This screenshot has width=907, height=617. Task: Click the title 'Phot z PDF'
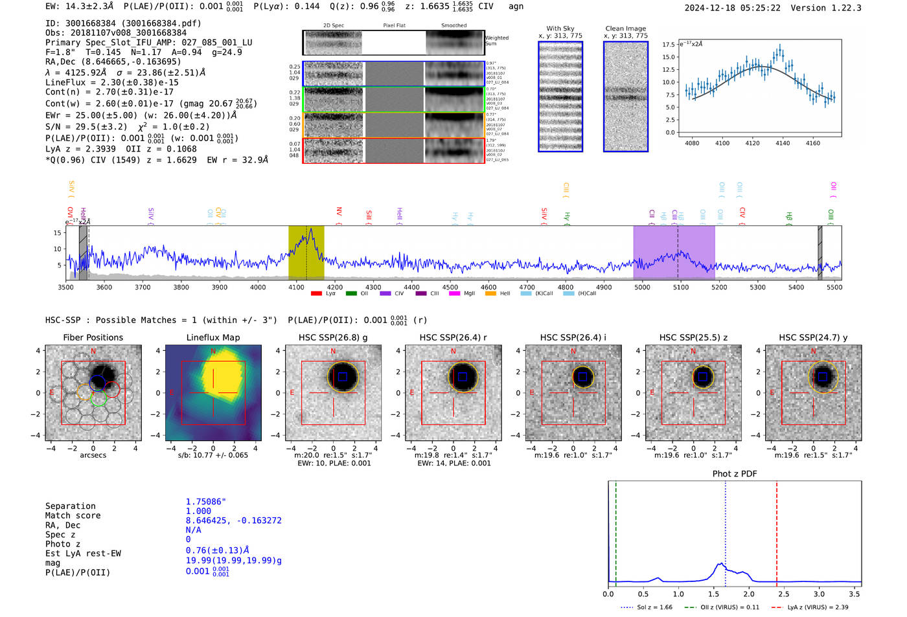point(734,474)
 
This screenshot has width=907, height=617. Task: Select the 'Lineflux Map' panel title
point(212,337)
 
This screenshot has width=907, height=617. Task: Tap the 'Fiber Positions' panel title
point(93,337)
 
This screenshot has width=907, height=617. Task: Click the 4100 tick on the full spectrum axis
point(296,287)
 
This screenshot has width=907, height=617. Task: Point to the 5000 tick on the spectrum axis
point(642,287)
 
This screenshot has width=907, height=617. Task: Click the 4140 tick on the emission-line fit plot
point(783,143)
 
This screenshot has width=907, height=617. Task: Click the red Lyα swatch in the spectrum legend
point(316,294)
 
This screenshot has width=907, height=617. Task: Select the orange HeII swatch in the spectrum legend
point(490,294)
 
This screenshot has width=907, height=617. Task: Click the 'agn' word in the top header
point(516,6)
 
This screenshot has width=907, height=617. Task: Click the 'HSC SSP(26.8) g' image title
point(333,337)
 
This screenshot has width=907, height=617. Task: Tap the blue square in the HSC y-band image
point(823,377)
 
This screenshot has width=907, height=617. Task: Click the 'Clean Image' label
point(625,28)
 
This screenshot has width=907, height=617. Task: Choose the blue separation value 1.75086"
point(205,502)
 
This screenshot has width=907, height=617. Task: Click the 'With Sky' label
point(560,28)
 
